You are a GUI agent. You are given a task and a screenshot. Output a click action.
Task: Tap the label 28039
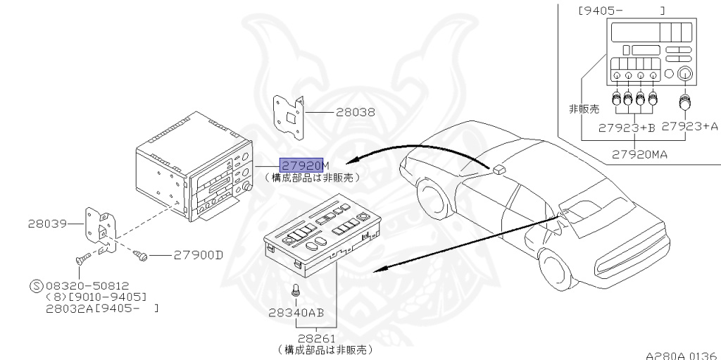(x=47, y=224)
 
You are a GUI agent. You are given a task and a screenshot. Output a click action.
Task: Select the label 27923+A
(x=691, y=127)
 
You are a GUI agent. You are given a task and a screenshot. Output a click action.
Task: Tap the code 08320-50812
(x=89, y=285)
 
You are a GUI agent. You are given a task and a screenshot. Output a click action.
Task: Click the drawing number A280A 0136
(x=680, y=354)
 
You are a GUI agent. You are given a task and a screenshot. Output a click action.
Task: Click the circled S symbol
(x=36, y=285)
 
